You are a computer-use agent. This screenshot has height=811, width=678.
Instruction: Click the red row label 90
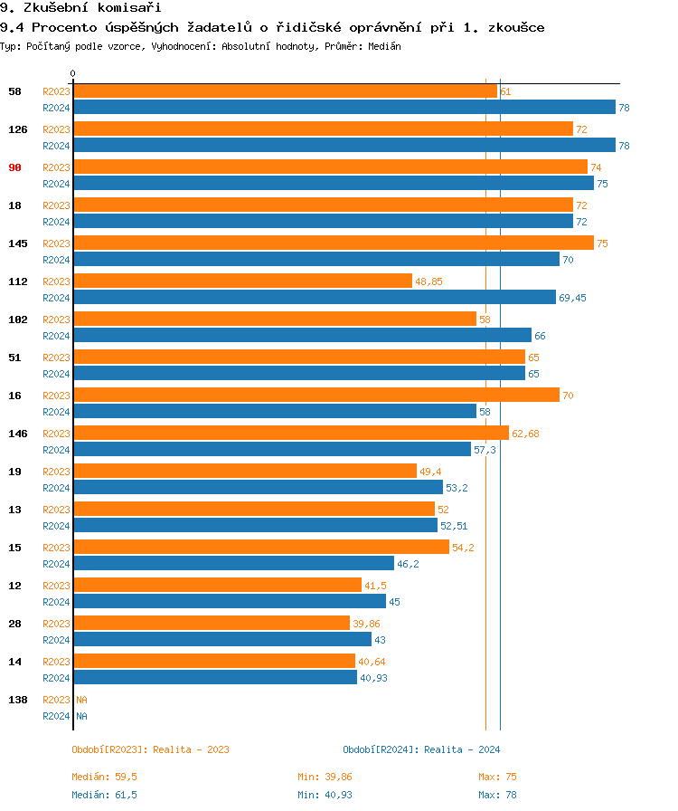(x=14, y=167)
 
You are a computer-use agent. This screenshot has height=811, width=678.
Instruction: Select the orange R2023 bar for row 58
(x=285, y=91)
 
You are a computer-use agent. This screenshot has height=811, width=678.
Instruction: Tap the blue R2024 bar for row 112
(x=315, y=297)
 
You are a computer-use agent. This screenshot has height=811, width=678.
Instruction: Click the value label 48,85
(x=428, y=281)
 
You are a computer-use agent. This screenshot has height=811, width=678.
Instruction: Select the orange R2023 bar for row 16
(x=316, y=395)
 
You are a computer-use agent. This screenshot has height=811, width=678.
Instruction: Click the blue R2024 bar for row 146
(x=272, y=449)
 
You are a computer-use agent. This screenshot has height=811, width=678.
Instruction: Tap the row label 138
(x=17, y=700)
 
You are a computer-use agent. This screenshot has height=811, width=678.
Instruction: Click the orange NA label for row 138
(x=81, y=700)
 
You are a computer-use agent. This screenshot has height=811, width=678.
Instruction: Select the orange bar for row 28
(x=212, y=623)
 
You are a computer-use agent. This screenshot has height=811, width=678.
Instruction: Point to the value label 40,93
(x=373, y=678)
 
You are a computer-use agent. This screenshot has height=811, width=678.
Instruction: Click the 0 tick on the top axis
(x=73, y=73)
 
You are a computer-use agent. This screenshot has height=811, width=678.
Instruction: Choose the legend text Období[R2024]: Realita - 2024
(x=421, y=749)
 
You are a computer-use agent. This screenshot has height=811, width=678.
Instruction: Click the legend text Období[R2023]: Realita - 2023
(x=150, y=749)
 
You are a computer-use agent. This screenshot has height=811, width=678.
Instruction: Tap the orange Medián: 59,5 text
(x=104, y=777)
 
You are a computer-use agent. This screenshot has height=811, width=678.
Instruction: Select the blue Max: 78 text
(x=497, y=795)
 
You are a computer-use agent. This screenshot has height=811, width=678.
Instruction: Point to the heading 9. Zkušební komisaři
(x=74, y=8)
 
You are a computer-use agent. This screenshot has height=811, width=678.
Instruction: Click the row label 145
(x=17, y=243)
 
